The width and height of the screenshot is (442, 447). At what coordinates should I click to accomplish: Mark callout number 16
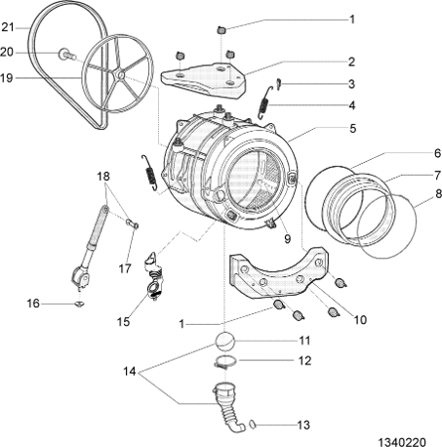pyautogui.click(x=32, y=304)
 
